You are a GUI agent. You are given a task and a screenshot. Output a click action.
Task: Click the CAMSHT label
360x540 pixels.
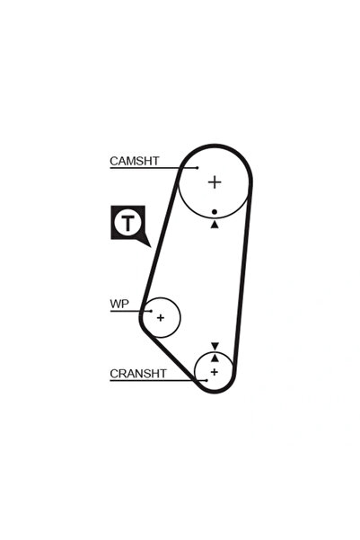click(x=135, y=161)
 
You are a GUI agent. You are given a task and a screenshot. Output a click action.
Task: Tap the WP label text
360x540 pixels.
click(x=119, y=304)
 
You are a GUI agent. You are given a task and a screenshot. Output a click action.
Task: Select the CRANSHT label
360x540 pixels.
click(x=137, y=373)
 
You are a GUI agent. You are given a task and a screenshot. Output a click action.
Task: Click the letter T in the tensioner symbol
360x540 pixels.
click(x=128, y=223)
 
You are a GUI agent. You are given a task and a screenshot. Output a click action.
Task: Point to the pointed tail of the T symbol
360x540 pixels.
click(x=150, y=246)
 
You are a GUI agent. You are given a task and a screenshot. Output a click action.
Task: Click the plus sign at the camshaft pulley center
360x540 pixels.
click(x=215, y=181)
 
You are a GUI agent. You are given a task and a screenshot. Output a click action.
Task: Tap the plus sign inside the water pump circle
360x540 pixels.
click(x=161, y=317)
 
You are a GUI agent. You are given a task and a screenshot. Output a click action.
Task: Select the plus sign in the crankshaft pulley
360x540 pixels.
click(x=215, y=372)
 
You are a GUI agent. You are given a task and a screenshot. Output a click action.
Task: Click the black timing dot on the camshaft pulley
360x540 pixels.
click(x=215, y=212)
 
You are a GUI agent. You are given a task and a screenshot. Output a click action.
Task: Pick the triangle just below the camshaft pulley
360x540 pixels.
click(x=215, y=225)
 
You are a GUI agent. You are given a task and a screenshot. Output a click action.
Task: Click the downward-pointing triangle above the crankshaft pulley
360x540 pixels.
click(x=215, y=346)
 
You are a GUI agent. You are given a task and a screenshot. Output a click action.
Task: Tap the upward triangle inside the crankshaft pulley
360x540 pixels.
click(x=215, y=359)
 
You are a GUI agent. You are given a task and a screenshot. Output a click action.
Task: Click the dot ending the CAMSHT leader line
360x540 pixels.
click(x=198, y=168)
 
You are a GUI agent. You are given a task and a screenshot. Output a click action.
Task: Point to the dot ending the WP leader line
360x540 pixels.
click(x=151, y=311)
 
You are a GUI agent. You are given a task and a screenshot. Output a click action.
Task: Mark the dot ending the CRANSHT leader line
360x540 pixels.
click(x=206, y=381)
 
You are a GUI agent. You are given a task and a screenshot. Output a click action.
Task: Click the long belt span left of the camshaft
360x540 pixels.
click(x=160, y=241)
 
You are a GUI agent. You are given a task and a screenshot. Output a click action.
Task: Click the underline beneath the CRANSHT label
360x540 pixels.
click(x=158, y=381)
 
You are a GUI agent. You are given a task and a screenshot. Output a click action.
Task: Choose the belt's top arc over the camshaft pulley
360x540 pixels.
click(x=215, y=146)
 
